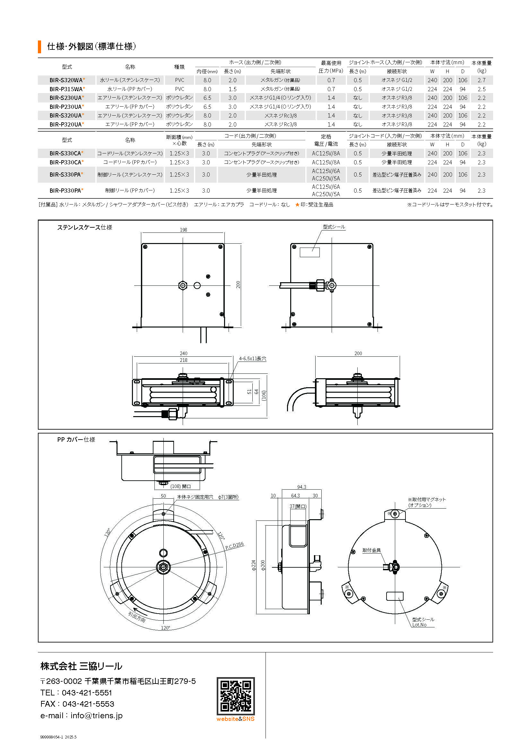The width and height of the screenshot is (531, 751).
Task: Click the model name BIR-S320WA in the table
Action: click(x=66, y=80)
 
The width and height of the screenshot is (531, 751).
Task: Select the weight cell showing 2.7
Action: click(x=481, y=80)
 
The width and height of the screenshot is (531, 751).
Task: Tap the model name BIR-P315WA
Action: click(x=66, y=89)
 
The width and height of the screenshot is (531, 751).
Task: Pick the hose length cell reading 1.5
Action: click(x=232, y=89)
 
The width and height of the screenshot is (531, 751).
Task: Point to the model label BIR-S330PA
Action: click(x=65, y=175)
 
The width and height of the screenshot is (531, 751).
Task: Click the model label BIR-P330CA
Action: click(x=65, y=162)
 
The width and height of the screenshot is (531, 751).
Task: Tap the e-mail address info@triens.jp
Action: click(x=96, y=716)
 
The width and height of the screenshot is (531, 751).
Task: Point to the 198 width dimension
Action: click(x=183, y=230)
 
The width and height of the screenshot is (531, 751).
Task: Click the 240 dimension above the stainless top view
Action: click(x=183, y=353)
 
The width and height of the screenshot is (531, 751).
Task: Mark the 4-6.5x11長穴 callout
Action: click(x=252, y=359)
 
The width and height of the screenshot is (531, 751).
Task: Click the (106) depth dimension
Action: click(x=264, y=396)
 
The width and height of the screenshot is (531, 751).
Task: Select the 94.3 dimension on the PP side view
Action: click(x=301, y=487)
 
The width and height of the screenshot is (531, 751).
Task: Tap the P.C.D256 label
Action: click(x=234, y=546)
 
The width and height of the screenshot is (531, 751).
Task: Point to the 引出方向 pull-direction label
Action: click(x=137, y=617)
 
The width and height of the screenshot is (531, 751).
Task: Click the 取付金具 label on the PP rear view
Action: click(x=371, y=550)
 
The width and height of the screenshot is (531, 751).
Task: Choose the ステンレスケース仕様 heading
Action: click(x=85, y=227)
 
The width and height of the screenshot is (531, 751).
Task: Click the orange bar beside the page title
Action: click(x=39, y=47)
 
